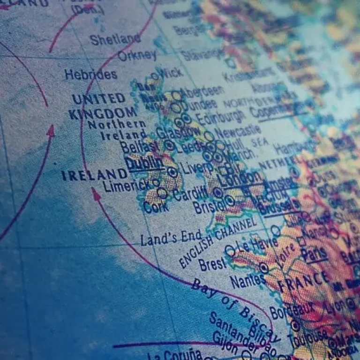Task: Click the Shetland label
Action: pyautogui.click(x=115, y=39)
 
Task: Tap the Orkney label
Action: pyautogui.click(x=137, y=55)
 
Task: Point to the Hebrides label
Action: pyautogui.click(x=91, y=74)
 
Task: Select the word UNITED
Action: pyautogui.click(x=99, y=99)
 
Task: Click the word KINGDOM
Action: pyautogui.click(x=102, y=113)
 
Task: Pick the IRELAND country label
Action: pyautogui.click(x=94, y=175)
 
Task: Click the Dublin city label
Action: pyautogui.click(x=144, y=163)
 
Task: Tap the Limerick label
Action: pyautogui.click(x=127, y=186)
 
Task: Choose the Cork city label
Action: pyautogui.click(x=156, y=207)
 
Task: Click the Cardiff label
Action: pyautogui.click(x=191, y=193)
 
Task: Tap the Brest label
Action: pyautogui.click(x=212, y=264)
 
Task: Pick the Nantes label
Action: pyautogui.click(x=247, y=281)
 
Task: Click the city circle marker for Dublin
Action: pyautogui.click(x=173, y=172)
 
